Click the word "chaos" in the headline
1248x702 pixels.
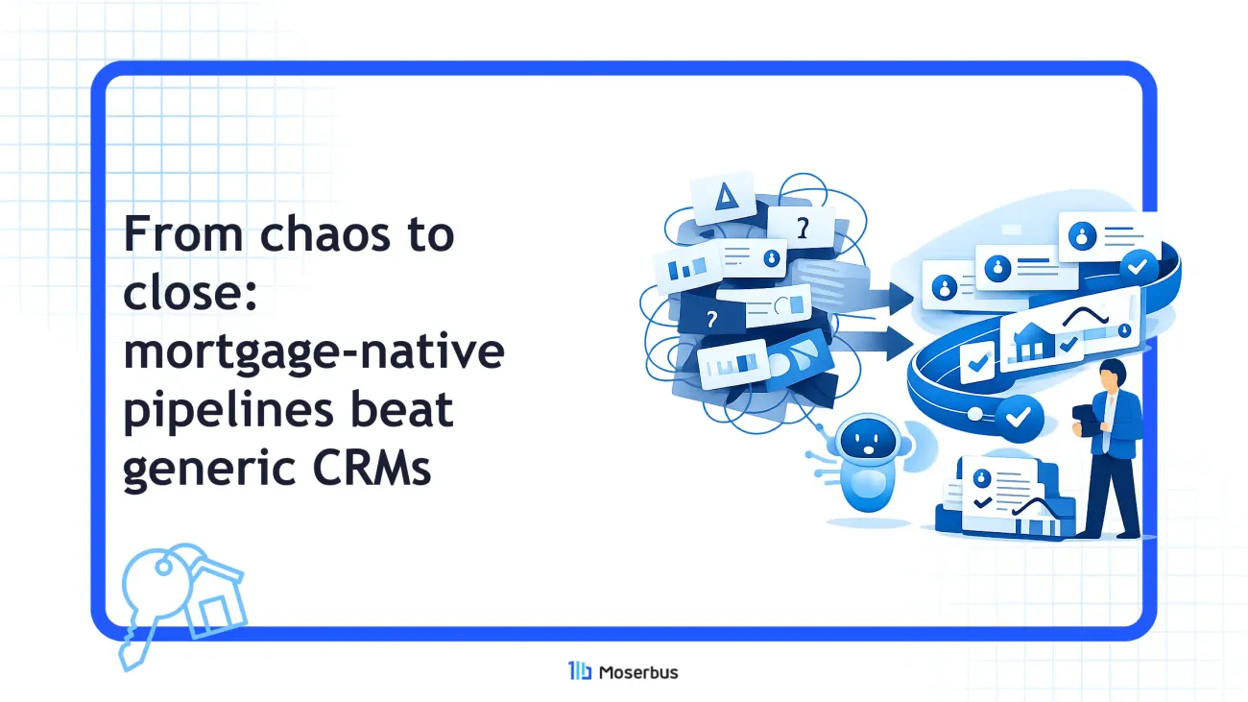324,234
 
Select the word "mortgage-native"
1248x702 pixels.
314,352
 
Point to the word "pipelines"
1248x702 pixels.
228,412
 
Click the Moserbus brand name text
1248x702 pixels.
638,672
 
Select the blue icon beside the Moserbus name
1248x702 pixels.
580,671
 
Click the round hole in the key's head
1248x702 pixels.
163,568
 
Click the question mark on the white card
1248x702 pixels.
803,228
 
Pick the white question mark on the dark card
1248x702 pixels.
711,319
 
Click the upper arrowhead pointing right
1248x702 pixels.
900,298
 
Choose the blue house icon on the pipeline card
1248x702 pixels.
1032,340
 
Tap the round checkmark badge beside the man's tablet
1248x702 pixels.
1019,418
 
